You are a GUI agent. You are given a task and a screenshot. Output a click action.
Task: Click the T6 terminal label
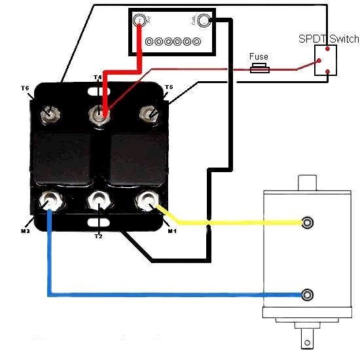25,88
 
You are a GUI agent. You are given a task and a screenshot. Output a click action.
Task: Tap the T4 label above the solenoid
98,77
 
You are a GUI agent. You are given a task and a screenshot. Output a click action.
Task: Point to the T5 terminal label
168,87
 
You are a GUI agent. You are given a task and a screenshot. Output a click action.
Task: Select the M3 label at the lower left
25,231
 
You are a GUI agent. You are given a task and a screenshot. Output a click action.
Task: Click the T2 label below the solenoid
98,236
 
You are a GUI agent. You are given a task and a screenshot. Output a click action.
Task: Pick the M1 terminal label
171,231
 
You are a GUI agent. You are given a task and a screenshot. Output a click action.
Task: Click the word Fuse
259,56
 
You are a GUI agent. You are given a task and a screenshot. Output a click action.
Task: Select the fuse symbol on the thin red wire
260,67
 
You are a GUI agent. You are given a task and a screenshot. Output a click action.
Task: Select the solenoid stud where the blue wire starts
48,200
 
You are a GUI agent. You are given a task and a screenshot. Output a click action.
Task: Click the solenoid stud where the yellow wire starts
147,201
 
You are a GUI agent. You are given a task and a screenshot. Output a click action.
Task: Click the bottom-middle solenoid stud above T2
98,201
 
